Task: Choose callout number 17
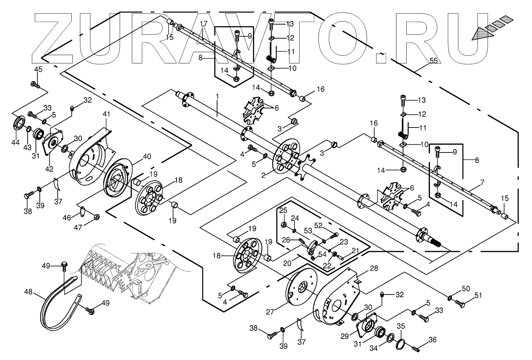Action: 203,24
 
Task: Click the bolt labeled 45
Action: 34,84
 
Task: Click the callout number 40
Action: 147,156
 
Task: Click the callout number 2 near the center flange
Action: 264,176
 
